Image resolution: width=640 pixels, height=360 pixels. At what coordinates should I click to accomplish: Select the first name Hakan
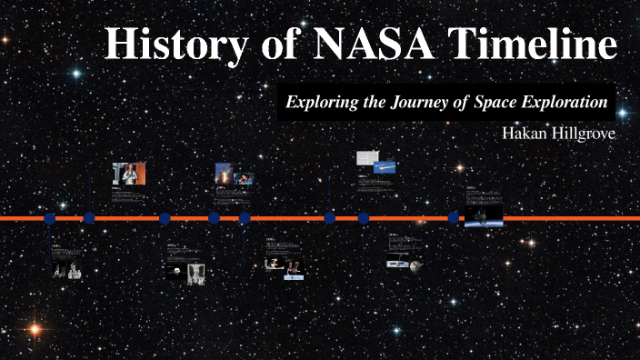click(x=524, y=133)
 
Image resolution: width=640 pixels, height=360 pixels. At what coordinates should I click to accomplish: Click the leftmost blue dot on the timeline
click(x=50, y=218)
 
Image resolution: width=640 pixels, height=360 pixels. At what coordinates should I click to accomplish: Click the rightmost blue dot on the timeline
click(x=454, y=218)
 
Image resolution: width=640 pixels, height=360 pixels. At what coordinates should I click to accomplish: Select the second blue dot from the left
click(x=89, y=218)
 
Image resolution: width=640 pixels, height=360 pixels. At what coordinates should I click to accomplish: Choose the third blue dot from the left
click(x=165, y=218)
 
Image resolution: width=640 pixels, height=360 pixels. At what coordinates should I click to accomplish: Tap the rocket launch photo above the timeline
click(x=222, y=174)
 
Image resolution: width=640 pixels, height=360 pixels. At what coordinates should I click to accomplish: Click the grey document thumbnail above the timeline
click(x=367, y=158)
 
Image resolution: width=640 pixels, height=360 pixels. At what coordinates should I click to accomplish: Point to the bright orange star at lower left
click(x=35, y=329)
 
